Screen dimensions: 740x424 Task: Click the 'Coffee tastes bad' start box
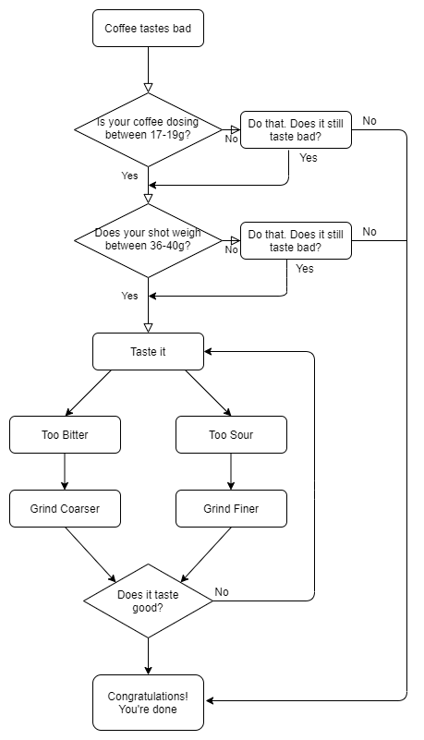point(148,29)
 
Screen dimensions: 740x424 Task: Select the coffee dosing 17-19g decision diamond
point(148,129)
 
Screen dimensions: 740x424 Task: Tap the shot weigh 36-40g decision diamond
point(148,240)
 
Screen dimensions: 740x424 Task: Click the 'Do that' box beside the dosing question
point(296,129)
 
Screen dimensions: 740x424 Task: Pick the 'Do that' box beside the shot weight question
point(296,240)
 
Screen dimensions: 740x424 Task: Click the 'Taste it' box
point(148,351)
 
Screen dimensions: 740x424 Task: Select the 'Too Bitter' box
point(65,434)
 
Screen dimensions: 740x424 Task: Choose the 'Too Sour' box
point(231,434)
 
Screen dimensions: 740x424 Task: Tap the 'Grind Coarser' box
point(65,508)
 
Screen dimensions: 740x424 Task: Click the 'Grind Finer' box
point(231,508)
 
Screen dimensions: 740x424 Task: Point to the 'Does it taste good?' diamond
point(148,600)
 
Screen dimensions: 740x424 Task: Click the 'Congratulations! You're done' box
point(148,702)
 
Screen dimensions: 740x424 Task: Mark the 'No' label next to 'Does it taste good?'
point(222,591)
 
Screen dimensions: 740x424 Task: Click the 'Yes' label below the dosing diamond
point(129,176)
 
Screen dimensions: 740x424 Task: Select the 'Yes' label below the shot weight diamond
point(129,296)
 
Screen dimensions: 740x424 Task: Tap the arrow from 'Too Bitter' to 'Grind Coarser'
point(65,471)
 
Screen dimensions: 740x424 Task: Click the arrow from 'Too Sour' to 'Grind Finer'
point(231,471)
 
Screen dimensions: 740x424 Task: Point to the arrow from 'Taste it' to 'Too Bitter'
point(89,393)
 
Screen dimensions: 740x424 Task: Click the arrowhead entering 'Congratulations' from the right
point(210,700)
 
